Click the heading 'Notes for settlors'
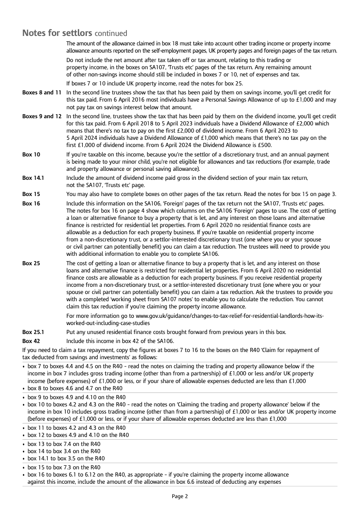[x=57, y=33]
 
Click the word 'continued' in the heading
[x=111, y=33]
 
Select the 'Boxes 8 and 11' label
[x=42, y=93]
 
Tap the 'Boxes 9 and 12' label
[x=42, y=116]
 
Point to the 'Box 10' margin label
[x=31, y=155]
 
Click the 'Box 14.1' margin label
[x=33, y=178]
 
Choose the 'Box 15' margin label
[x=31, y=194]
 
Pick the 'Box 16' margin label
[x=31, y=204]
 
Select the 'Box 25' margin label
[x=31, y=263]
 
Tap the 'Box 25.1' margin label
[x=33, y=332]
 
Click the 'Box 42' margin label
[x=31, y=341]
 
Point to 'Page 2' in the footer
[x=180, y=496]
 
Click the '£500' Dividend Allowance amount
[x=265, y=145]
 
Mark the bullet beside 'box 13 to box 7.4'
[x=24, y=444]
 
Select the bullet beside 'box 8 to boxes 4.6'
[x=24, y=388]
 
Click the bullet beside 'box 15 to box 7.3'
[x=24, y=468]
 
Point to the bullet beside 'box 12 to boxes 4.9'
[x=24, y=435]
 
